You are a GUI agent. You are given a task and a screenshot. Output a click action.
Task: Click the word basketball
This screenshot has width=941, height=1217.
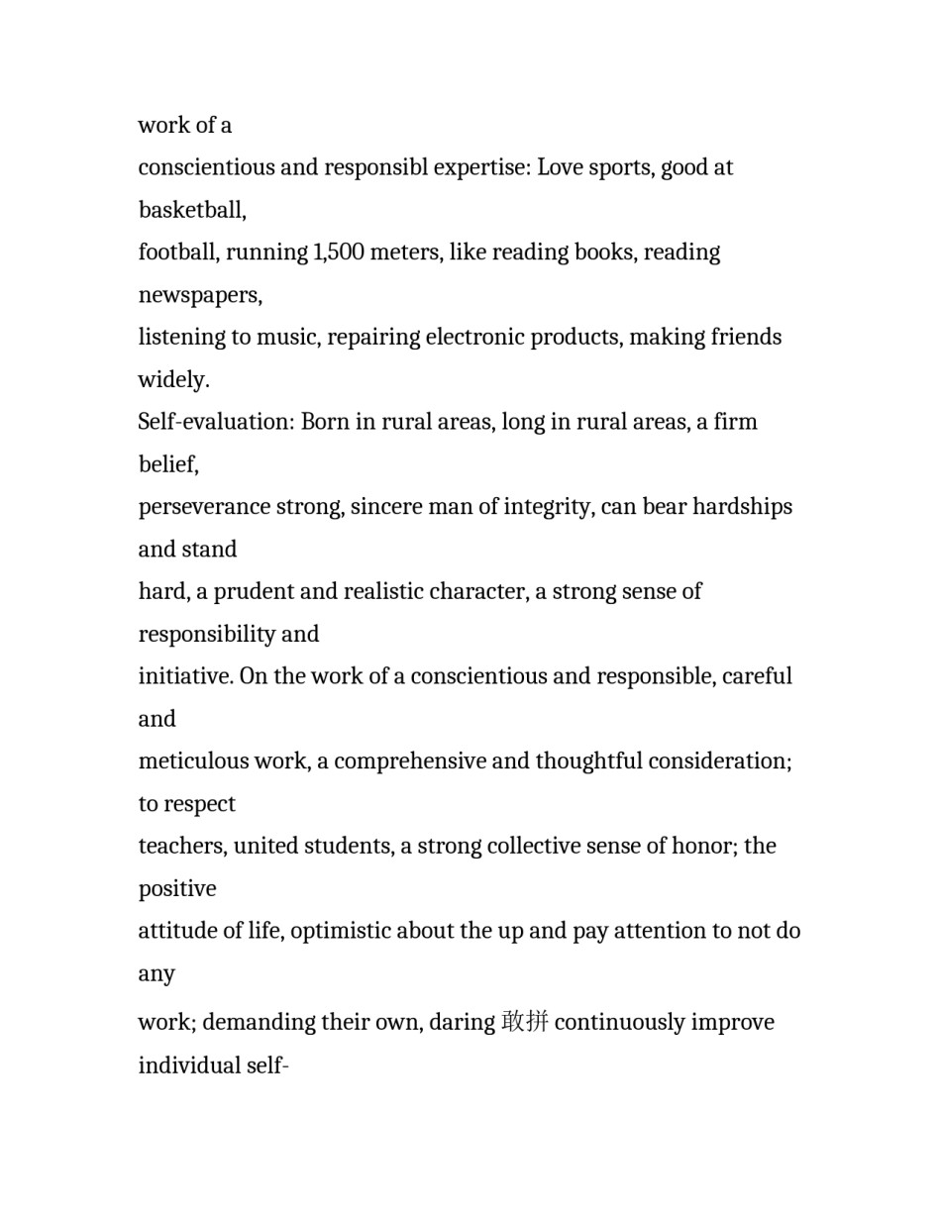click(191, 210)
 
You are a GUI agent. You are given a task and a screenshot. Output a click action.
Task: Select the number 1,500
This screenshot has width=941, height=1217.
click(339, 253)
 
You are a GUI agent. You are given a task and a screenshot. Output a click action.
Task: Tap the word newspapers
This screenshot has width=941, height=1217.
click(199, 295)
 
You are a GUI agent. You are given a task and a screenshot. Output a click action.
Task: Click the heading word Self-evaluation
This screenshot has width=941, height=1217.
click(216, 422)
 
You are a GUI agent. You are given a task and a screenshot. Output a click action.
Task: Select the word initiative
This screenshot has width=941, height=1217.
click(184, 676)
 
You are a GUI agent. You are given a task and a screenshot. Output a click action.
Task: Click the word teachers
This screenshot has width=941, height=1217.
click(181, 847)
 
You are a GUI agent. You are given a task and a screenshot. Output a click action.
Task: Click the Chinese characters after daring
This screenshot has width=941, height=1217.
click(525, 1022)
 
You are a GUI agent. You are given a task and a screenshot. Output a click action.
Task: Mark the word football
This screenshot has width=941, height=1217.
click(177, 253)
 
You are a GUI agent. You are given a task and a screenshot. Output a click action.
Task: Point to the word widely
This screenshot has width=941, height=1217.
click(173, 380)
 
